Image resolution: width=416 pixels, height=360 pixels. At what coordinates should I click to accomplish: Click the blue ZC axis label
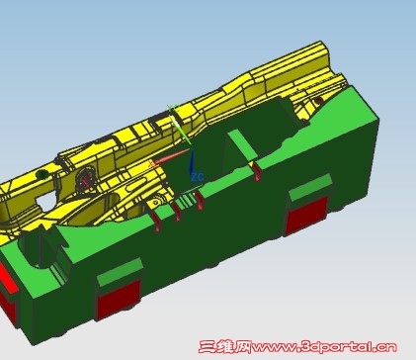click(198, 177)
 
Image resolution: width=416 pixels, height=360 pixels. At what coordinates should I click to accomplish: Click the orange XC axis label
click(152, 164)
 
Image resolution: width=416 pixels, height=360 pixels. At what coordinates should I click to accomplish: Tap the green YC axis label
click(171, 107)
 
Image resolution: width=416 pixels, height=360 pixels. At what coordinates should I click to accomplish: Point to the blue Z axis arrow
click(191, 162)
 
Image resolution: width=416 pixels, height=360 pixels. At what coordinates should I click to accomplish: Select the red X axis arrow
click(172, 156)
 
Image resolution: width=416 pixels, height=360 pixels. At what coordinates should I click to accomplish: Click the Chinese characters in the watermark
click(225, 347)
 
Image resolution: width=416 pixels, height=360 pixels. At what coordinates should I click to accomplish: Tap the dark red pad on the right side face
click(306, 216)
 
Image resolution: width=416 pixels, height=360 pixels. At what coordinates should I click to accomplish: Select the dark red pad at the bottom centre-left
click(119, 300)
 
